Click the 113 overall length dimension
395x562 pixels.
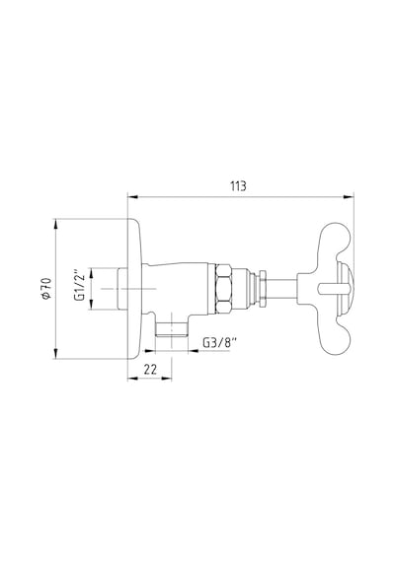pos(238,186)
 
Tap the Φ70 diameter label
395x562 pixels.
pos(46,289)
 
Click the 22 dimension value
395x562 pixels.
pos(150,369)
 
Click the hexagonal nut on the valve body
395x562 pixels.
pos(223,289)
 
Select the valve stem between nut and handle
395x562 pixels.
pos(281,289)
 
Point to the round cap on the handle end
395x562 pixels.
pos(346,289)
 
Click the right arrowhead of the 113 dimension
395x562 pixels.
pos(349,197)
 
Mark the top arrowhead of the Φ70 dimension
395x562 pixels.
pos(55,224)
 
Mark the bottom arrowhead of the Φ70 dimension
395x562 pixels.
pos(55,353)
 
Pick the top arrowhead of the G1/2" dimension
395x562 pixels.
pos(91,273)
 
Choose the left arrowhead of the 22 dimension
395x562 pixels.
pos(133,378)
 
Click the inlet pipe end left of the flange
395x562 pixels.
pos(122,289)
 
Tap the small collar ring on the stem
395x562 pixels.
pos(264,289)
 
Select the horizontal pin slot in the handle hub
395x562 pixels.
pos(334,289)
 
